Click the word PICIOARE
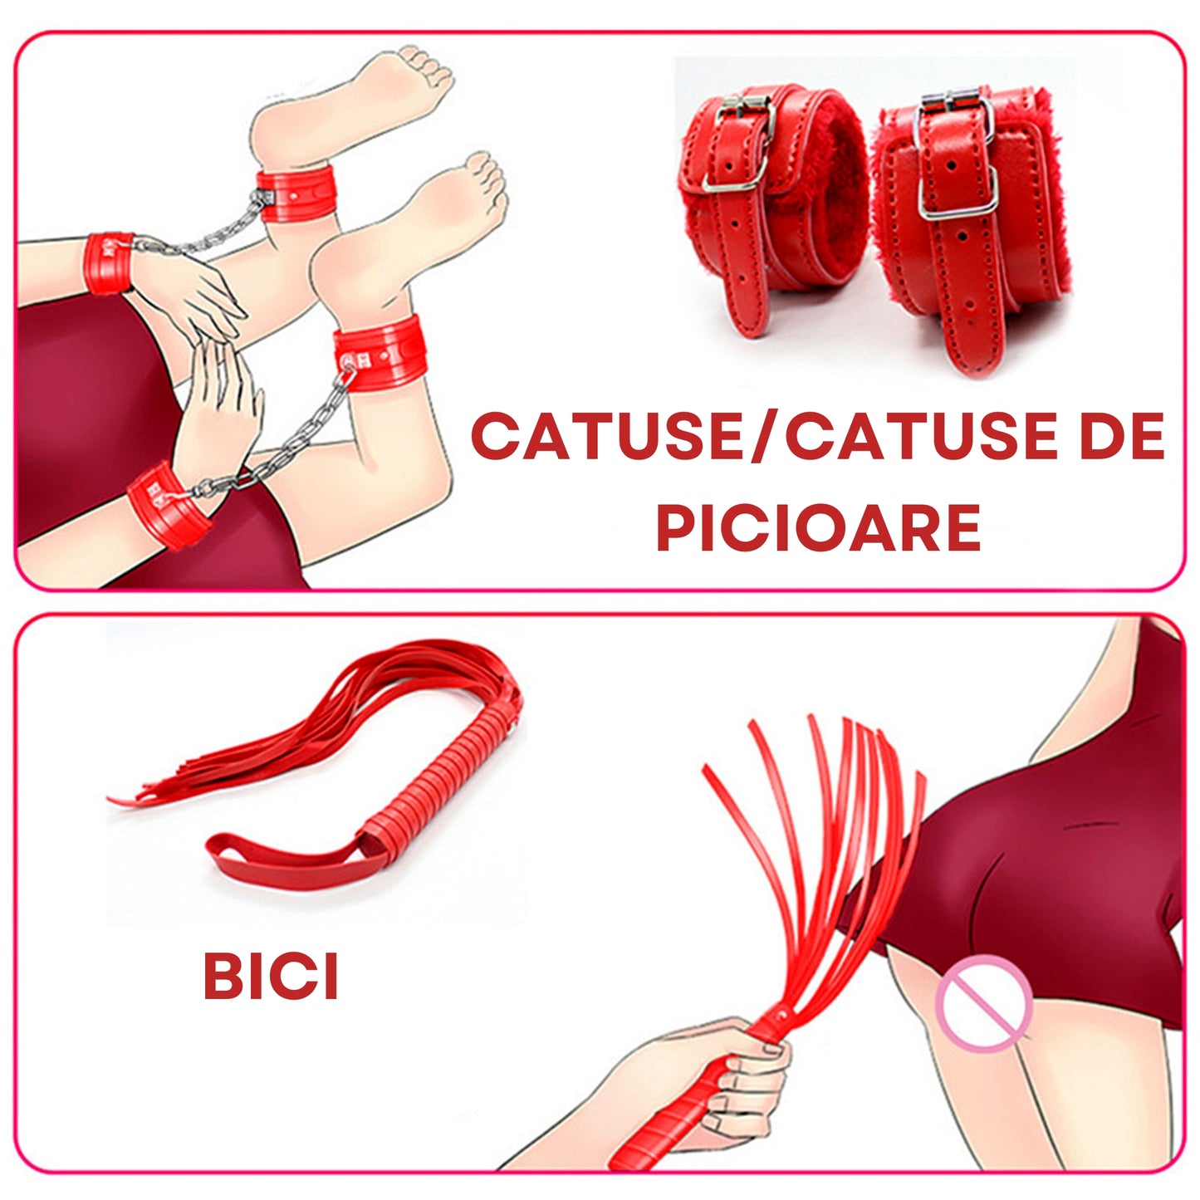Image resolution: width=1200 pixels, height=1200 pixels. [819, 527]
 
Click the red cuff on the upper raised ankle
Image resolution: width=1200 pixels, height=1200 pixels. [296, 195]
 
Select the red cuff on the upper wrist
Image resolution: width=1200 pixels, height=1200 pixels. [109, 263]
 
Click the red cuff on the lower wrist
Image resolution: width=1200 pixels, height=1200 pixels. [167, 506]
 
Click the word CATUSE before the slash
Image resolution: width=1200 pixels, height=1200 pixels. [610, 436]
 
